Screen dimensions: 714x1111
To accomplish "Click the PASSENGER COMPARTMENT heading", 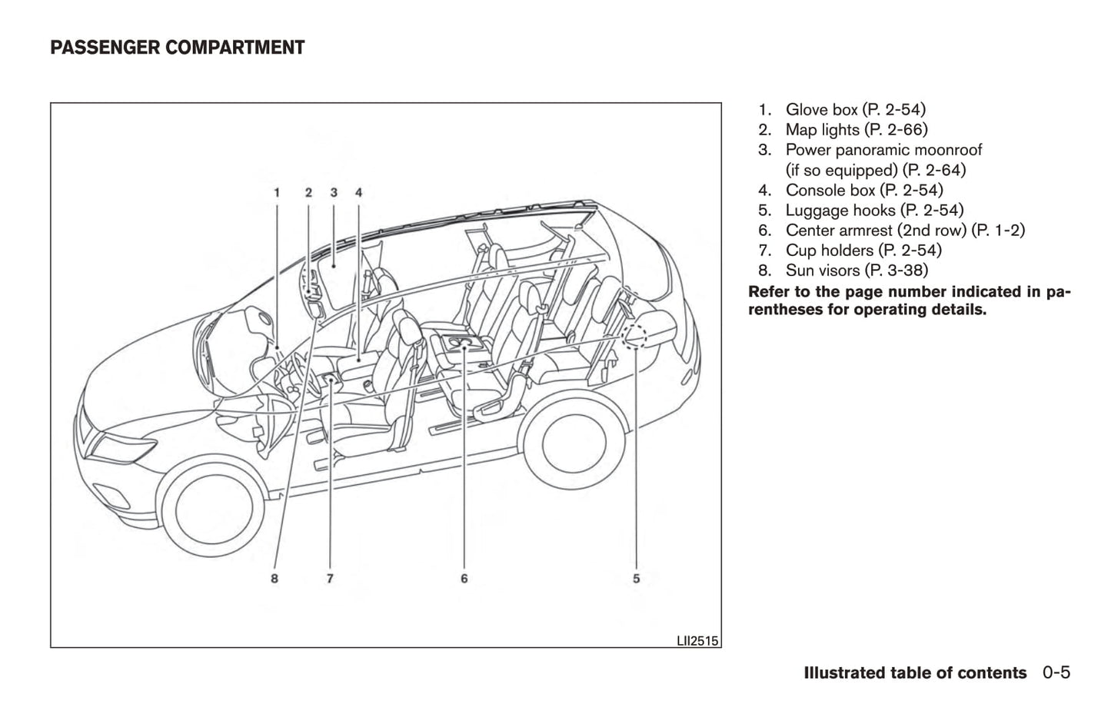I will (177, 48).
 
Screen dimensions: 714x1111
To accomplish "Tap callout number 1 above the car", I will (277, 192).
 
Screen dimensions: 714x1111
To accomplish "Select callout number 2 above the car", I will (308, 192).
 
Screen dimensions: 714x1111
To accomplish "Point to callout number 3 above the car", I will (334, 192).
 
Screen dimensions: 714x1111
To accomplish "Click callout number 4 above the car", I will (359, 192).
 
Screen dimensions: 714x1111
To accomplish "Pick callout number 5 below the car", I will (637, 578).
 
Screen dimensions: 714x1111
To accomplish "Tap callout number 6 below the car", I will (464, 578).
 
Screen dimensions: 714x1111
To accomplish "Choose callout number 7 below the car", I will (330, 578).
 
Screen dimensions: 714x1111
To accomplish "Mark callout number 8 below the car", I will (274, 578).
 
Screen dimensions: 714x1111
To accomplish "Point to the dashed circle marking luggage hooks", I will (635, 336).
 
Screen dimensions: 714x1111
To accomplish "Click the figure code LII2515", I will (698, 640).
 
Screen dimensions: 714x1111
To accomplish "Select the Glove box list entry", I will (855, 110).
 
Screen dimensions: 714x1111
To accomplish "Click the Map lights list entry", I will (856, 130).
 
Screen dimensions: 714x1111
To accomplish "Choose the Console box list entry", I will (863, 190).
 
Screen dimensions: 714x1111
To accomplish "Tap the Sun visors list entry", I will (856, 270).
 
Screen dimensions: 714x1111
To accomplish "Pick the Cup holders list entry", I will (863, 250).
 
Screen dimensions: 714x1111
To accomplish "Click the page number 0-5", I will (1056, 672).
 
